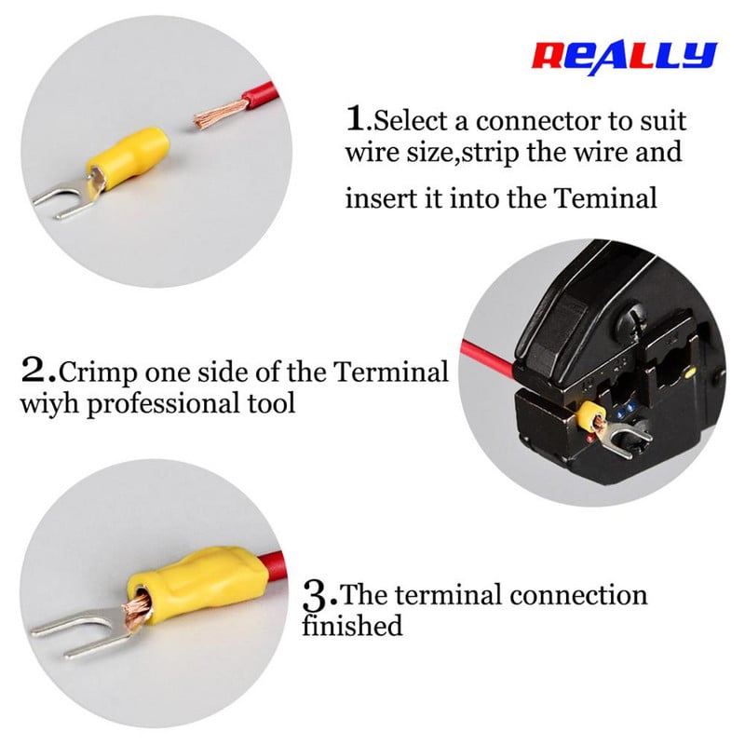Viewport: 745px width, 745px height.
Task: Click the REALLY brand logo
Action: click(x=624, y=57)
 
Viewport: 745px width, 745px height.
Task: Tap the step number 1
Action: click(x=356, y=118)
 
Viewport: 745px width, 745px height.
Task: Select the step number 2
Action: click(x=35, y=371)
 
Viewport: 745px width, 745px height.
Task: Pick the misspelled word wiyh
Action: click(x=49, y=404)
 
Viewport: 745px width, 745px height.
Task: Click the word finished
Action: click(x=352, y=625)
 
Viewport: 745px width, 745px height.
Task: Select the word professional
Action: click(x=162, y=405)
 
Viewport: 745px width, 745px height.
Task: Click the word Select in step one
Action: click(x=411, y=121)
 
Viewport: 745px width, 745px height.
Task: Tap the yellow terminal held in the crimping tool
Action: click(x=590, y=413)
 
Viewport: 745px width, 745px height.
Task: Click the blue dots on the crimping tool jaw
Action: click(x=625, y=409)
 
